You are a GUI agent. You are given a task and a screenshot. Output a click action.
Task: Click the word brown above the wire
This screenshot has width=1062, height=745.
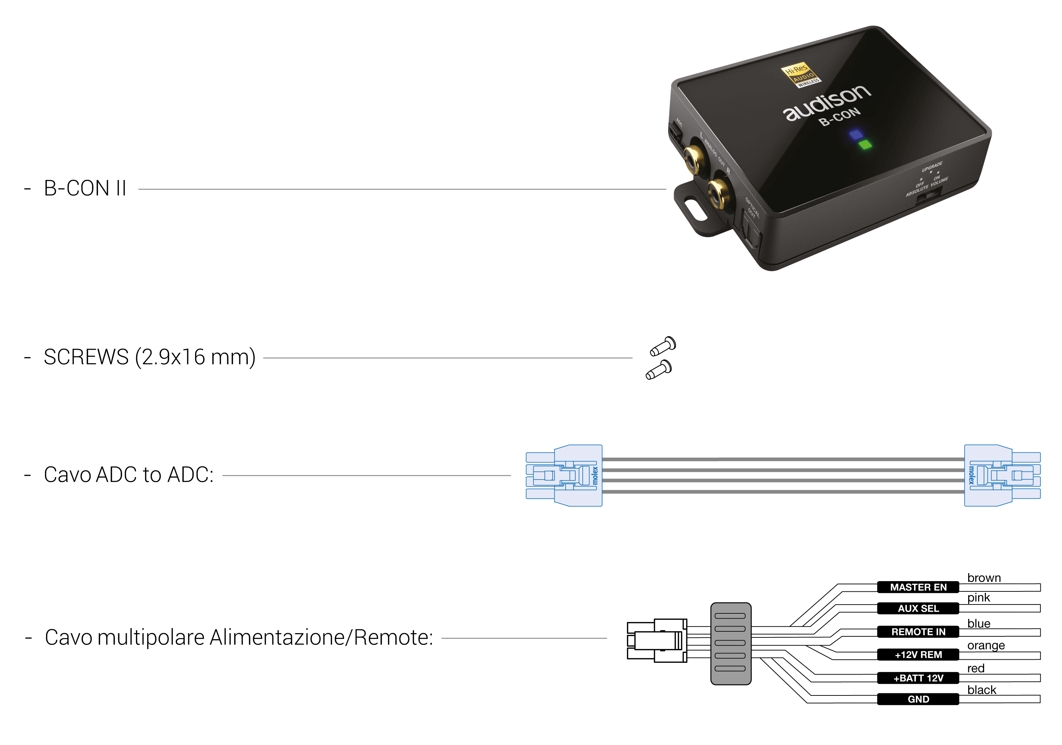[983, 578]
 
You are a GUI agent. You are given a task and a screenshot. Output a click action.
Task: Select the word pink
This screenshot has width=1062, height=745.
[978, 597]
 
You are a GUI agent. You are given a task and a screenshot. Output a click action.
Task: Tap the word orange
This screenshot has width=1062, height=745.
[986, 645]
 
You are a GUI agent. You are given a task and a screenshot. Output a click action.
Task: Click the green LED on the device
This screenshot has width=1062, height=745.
[865, 145]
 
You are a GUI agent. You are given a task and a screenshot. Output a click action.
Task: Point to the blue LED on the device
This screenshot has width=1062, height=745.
[856, 134]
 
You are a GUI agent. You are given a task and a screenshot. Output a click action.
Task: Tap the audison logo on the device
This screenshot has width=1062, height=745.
[827, 103]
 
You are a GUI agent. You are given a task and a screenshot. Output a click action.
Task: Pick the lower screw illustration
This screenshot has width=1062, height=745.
[659, 369]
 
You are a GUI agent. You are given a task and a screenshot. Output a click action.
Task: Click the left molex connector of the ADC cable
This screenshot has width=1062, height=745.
[565, 475]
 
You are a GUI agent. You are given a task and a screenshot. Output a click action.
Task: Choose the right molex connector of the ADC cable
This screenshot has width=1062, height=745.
[1001, 475]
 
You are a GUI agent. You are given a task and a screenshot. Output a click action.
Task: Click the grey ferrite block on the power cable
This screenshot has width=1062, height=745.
[730, 643]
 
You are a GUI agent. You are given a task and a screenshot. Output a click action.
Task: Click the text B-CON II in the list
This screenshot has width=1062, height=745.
[85, 188]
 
